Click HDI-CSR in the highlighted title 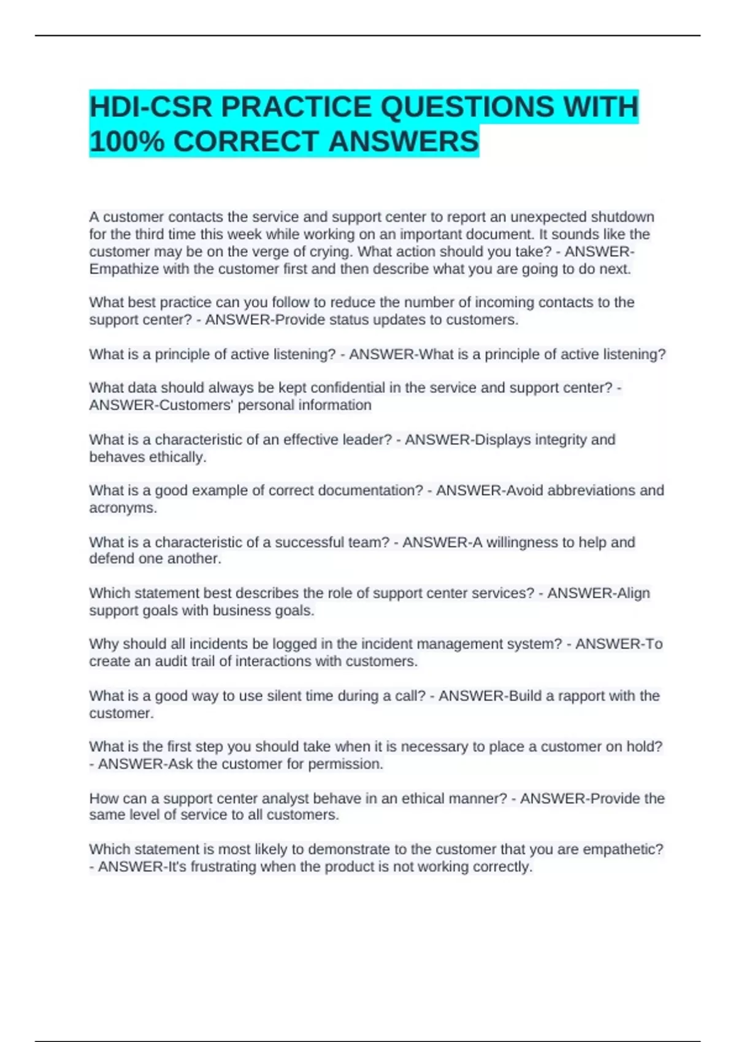tap(150, 107)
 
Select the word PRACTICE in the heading tap(296, 107)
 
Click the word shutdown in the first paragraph tap(622, 217)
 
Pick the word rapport tap(581, 696)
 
